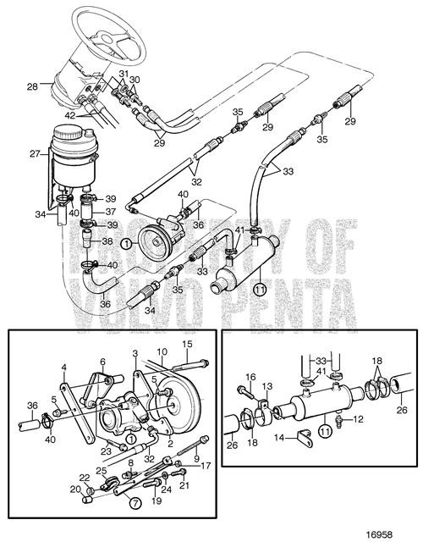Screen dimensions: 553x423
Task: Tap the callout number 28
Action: click(32, 86)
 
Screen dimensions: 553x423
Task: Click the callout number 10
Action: click(159, 351)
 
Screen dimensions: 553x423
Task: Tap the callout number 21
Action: click(185, 484)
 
